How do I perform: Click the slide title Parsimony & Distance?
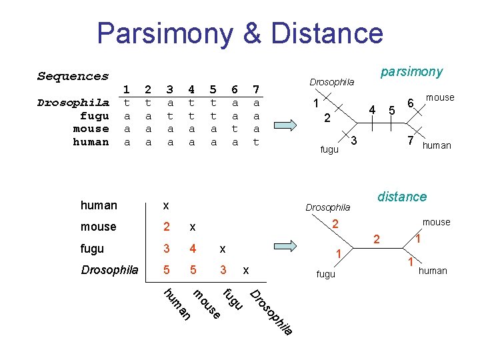click(x=240, y=33)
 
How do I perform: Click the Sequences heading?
click(x=73, y=76)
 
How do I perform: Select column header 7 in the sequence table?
click(x=255, y=89)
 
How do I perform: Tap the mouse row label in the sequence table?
click(x=91, y=129)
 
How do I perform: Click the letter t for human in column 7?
click(x=255, y=142)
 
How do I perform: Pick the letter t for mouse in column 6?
click(x=234, y=129)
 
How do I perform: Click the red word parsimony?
click(x=411, y=71)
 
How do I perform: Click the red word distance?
click(x=401, y=197)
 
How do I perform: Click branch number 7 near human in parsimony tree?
click(x=411, y=141)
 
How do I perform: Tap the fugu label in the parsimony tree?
click(x=329, y=150)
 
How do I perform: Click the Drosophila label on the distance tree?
click(x=327, y=207)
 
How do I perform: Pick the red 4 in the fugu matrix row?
click(x=192, y=249)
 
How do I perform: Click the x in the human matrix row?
click(x=166, y=205)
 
